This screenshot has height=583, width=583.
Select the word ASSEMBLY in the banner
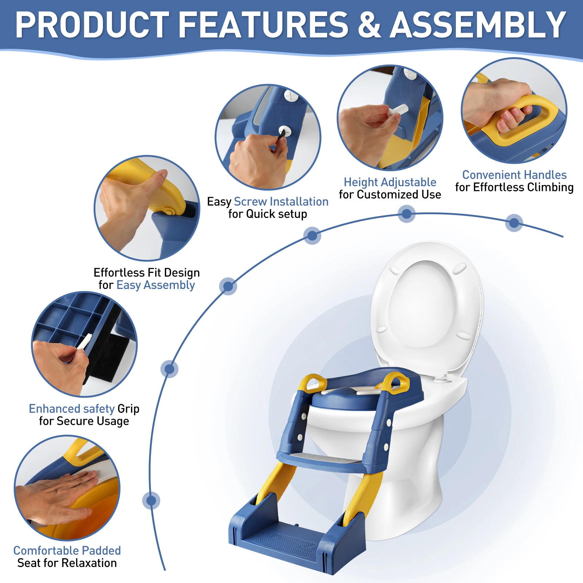pyautogui.click(x=478, y=25)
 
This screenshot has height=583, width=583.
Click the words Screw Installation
pyautogui.click(x=281, y=201)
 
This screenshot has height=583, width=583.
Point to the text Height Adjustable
pyautogui.click(x=390, y=182)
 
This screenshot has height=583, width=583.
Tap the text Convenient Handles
pyautogui.click(x=514, y=175)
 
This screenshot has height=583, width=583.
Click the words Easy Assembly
pyautogui.click(x=156, y=285)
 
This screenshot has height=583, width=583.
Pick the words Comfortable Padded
pyautogui.click(x=67, y=550)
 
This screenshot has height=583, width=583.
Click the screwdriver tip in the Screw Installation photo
pyautogui.click(x=281, y=134)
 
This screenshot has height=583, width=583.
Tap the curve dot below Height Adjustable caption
pyautogui.click(x=407, y=214)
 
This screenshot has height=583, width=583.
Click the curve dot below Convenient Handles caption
pyautogui.click(x=514, y=223)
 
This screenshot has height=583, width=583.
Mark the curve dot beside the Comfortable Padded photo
pyautogui.click(x=151, y=501)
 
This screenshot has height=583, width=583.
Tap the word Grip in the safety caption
pyautogui.click(x=128, y=409)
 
